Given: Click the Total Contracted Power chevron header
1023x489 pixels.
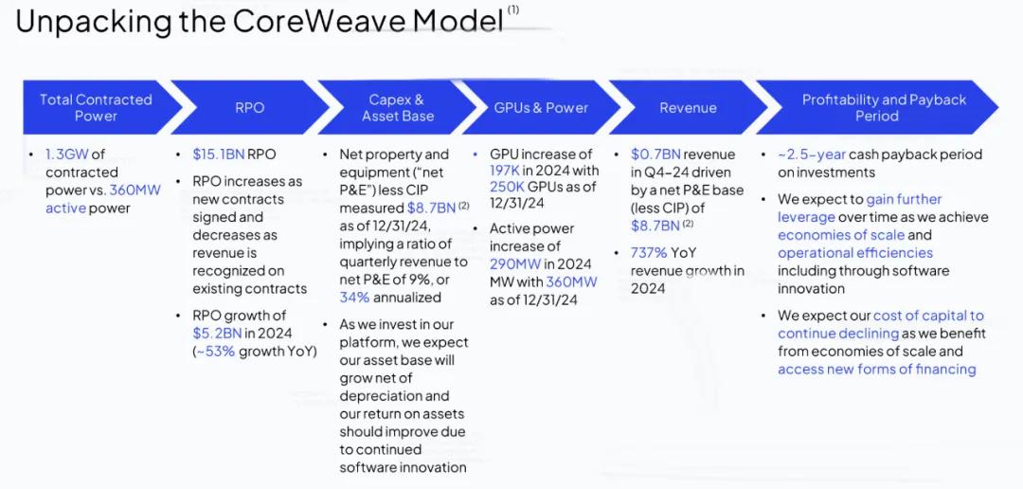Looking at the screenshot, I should (x=96, y=107).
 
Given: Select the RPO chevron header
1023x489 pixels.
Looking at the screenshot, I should (x=249, y=108).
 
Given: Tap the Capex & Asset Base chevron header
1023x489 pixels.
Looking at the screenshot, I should (x=397, y=107).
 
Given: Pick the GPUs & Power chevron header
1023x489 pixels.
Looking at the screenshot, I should (x=541, y=108).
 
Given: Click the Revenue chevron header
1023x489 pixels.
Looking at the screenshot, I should (x=688, y=108).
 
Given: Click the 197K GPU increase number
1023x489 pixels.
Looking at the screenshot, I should (x=507, y=172).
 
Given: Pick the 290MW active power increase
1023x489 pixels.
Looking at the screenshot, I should (x=513, y=263).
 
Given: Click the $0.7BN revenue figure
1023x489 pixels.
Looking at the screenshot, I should (x=655, y=154).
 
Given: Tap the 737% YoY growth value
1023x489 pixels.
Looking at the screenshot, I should (x=649, y=253).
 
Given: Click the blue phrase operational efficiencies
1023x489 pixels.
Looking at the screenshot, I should (x=854, y=253).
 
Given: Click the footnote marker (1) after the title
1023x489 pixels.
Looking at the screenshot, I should (x=513, y=9).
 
